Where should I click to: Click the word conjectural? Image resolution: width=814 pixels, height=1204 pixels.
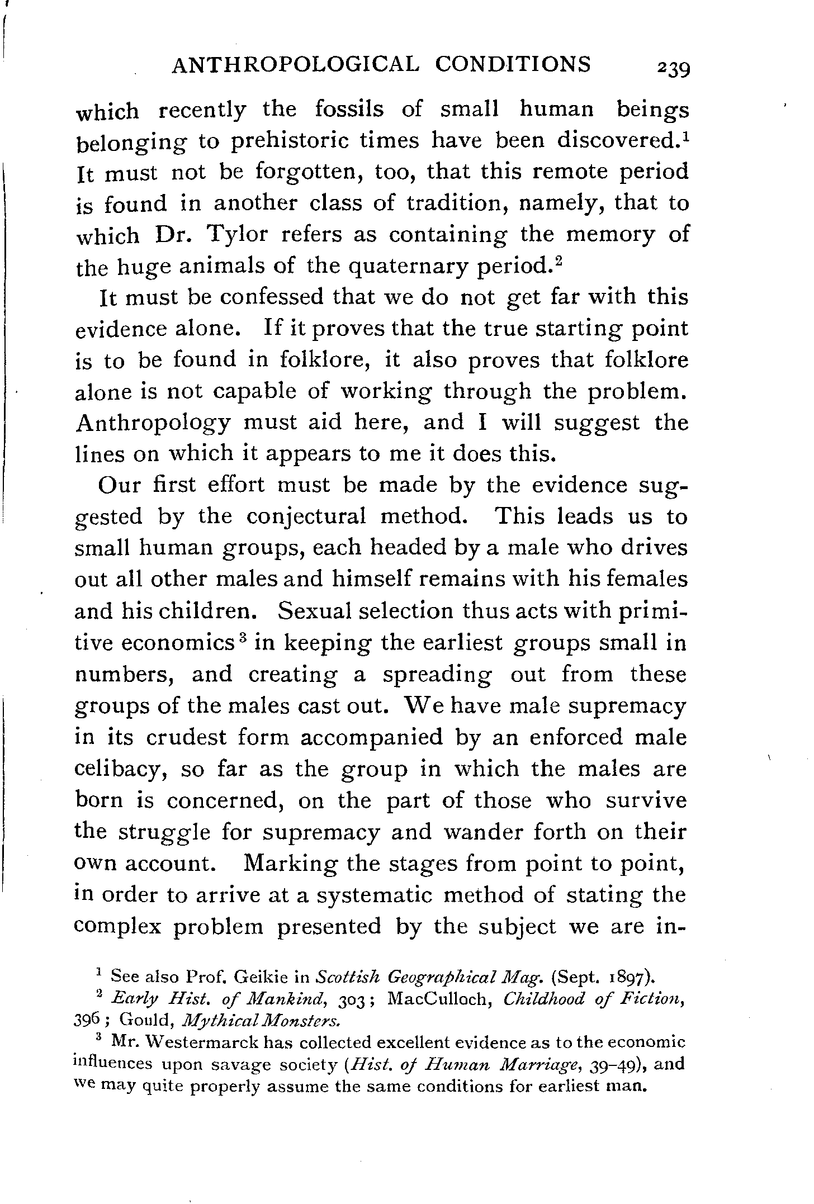pyautogui.click(x=306, y=515)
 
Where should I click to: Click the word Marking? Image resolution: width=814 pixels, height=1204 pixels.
pyautogui.click(x=291, y=864)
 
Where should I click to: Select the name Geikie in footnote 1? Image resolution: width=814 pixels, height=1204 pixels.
pyautogui.click(x=261, y=977)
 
